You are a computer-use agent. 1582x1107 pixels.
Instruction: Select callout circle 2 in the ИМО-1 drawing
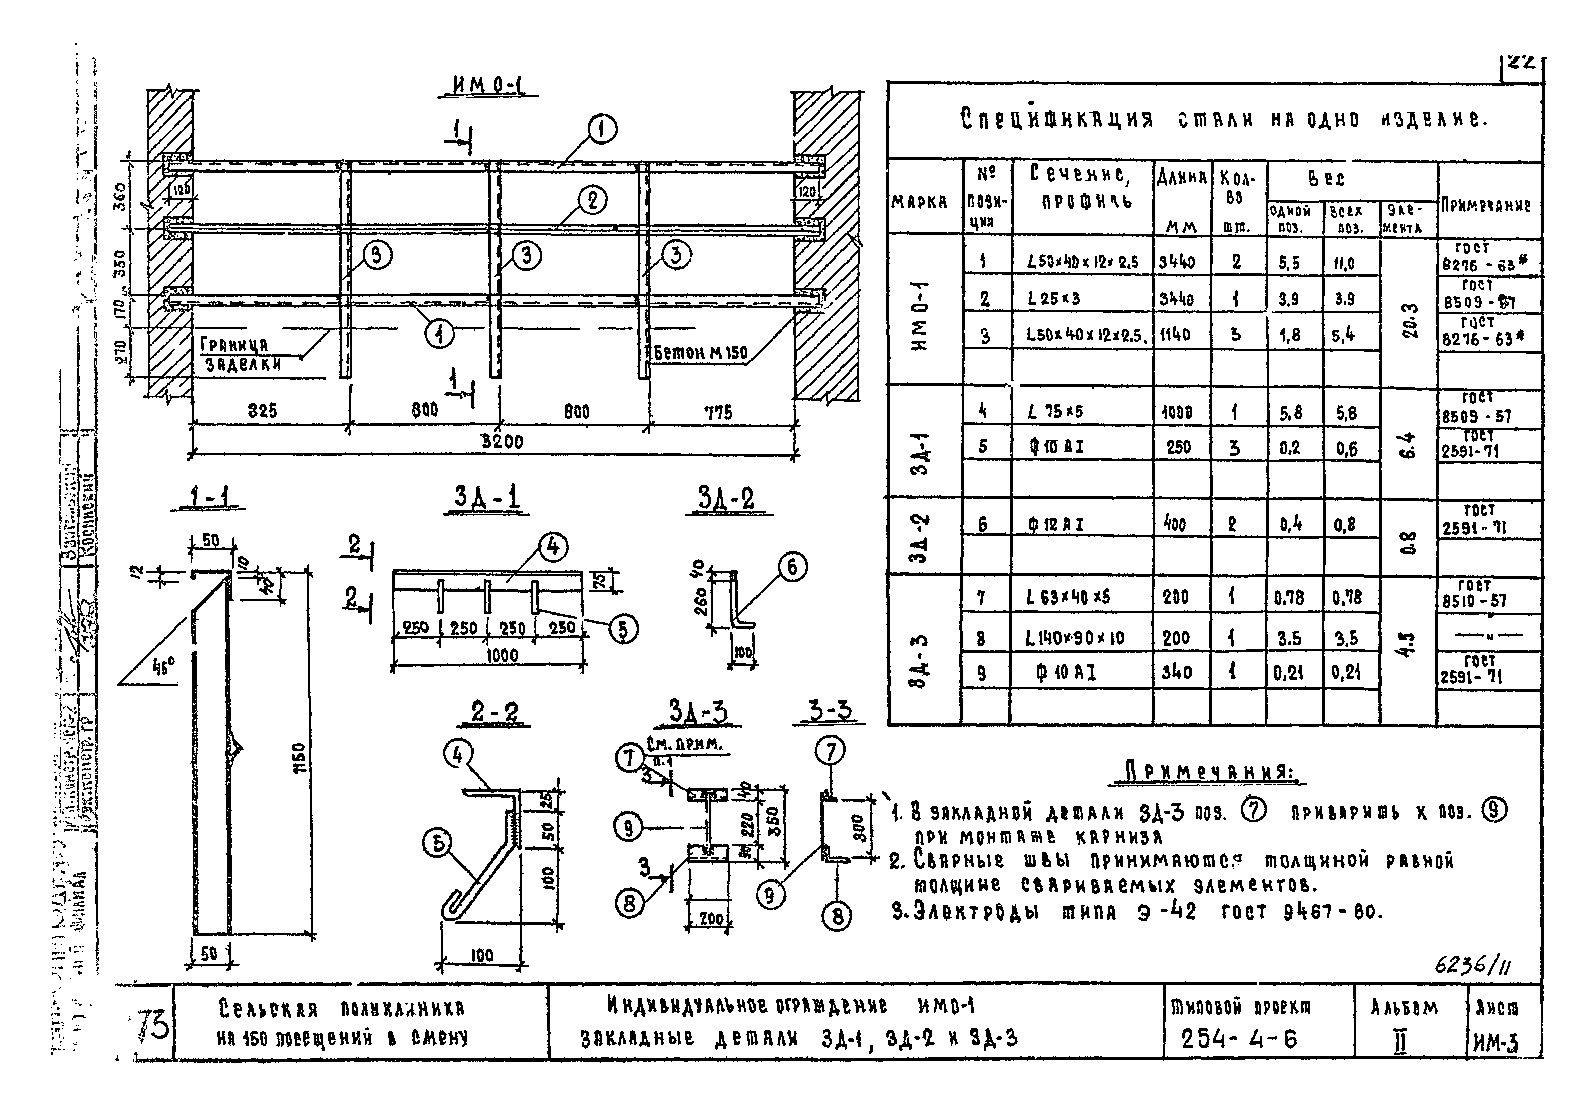[x=592, y=201]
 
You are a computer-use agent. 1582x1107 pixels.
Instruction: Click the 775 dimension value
[x=718, y=413]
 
